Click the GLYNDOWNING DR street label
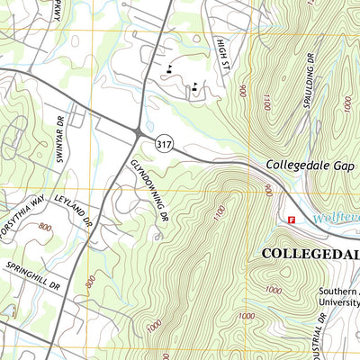[149, 190]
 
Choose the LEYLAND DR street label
[74, 210]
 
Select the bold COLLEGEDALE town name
[310, 254]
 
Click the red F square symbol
[291, 219]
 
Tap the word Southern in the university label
[338, 292]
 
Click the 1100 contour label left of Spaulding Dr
[265, 104]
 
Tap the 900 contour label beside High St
[242, 91]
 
